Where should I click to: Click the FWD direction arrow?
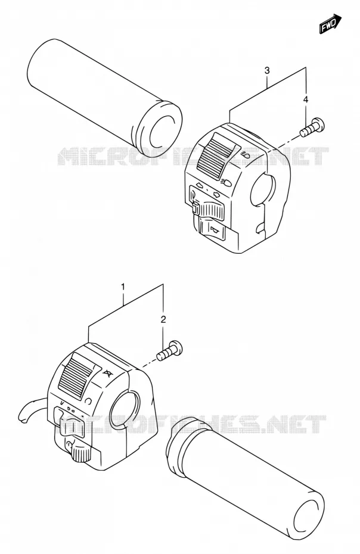[x=330, y=24]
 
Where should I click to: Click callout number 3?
[x=268, y=71]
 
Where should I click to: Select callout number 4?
[x=306, y=99]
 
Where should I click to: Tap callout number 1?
[x=123, y=287]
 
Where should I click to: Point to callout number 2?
[x=163, y=320]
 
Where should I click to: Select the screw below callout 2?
[x=170, y=351]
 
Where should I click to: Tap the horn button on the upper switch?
[x=213, y=229]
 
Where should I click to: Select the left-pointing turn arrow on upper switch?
[x=198, y=185]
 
